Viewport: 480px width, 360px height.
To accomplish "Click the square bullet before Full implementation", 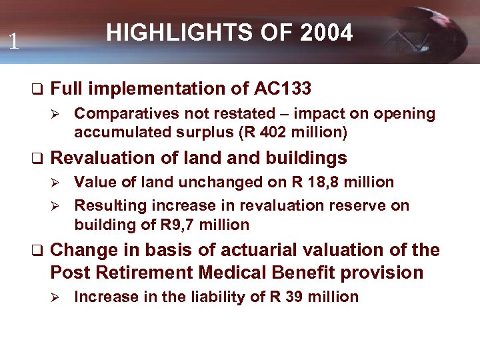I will (37, 89).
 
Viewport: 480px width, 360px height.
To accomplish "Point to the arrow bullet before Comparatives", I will (56, 114).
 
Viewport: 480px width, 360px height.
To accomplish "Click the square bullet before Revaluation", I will (37, 159).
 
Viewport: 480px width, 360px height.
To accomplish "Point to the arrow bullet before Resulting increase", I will (56, 206).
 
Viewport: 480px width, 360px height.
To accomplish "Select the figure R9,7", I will (177, 225).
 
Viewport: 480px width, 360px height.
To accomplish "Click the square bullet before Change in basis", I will (37, 251).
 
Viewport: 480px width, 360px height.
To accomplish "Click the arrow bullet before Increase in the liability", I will (56, 297).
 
